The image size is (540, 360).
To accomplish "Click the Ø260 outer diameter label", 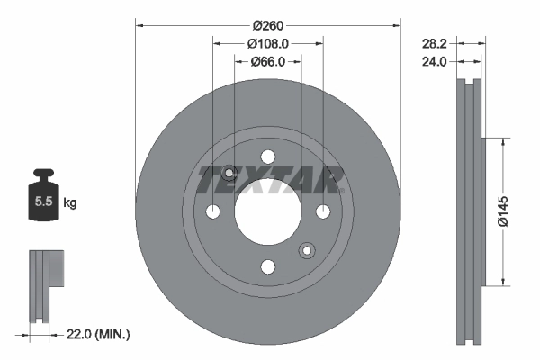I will click(267, 25).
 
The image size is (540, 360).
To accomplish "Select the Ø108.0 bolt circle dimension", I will click(267, 43).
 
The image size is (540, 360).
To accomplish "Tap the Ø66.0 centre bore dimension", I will click(267, 61).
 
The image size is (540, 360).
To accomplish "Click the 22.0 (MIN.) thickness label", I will click(99, 334).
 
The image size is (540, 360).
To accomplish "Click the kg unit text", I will click(70, 203).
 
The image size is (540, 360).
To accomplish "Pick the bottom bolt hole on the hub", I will click(267, 266).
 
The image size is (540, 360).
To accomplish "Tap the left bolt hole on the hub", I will click(212, 211).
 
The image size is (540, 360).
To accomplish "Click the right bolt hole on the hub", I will click(322, 211).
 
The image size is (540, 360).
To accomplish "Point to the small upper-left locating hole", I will click(229, 173).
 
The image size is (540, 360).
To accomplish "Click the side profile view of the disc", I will click(471, 211).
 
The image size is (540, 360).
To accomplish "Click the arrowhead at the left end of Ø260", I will click(139, 25).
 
